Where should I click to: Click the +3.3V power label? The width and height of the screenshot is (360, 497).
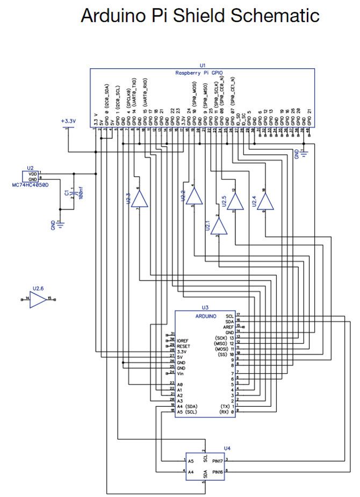(x=69, y=121)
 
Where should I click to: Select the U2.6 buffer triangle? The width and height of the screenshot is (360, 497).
(x=38, y=299)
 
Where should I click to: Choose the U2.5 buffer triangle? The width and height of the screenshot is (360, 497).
(x=234, y=202)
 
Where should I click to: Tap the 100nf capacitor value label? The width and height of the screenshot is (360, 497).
(x=81, y=194)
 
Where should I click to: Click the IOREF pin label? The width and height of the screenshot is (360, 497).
(x=184, y=341)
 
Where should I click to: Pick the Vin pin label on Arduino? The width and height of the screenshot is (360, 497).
(x=181, y=372)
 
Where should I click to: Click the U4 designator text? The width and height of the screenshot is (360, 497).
(x=227, y=447)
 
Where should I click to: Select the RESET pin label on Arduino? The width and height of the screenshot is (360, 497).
(x=185, y=346)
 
